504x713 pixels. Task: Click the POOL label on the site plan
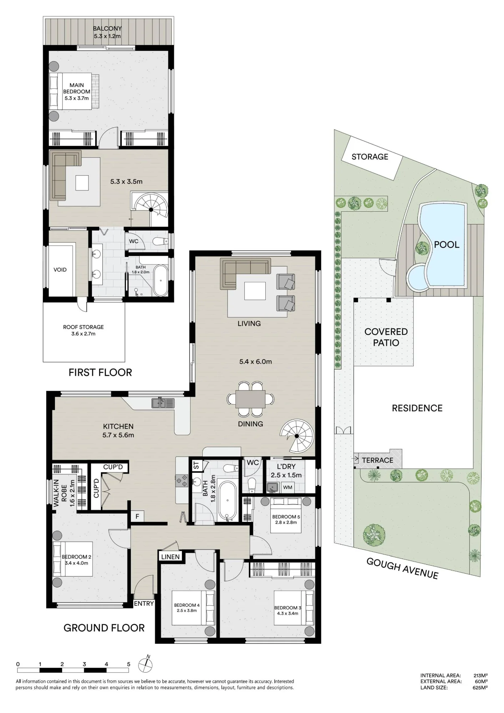click(446, 245)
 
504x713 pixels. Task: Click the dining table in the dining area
click(250, 399)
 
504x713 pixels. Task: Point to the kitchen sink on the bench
click(163, 403)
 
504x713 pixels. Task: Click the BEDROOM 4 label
click(187, 605)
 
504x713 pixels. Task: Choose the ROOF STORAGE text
click(83, 327)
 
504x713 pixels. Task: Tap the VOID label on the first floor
click(60, 270)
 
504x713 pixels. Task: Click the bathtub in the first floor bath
click(161, 281)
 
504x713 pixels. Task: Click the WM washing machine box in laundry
click(287, 487)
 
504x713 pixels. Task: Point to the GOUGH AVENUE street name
click(402, 568)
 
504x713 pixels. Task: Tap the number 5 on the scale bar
click(129, 664)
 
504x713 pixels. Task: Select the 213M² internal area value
click(480, 675)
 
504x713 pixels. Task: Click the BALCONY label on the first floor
click(107, 29)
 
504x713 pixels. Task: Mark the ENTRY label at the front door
click(144, 604)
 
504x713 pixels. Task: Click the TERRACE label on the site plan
click(377, 460)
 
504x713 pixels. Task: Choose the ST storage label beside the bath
click(196, 465)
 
